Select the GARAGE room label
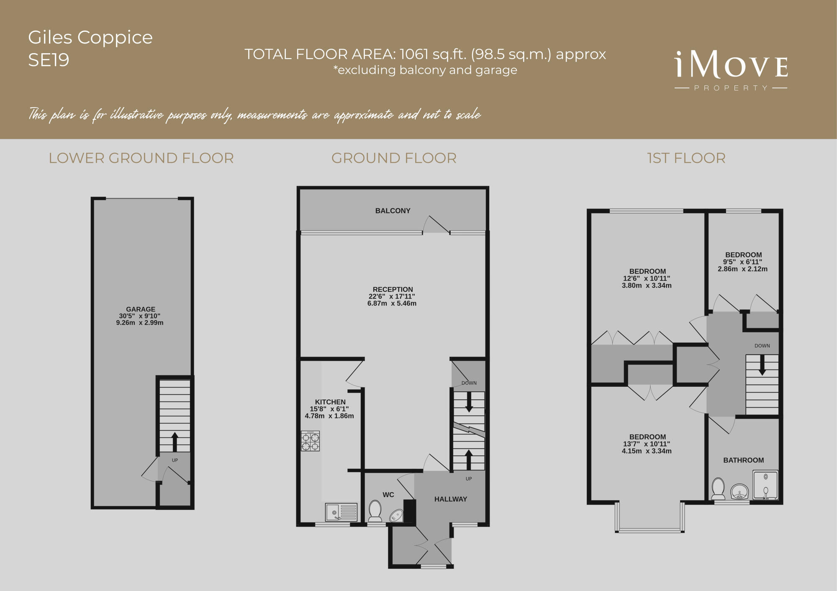point(140,309)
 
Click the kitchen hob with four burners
point(310,441)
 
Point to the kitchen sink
point(341,512)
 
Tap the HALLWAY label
point(450,499)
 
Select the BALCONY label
point(393,211)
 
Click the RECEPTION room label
point(393,289)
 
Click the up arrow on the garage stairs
point(175,441)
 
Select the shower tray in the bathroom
point(765,485)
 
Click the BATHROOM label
point(743,460)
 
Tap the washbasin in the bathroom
point(739,491)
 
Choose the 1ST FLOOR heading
point(686,158)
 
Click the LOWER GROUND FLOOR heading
point(141,158)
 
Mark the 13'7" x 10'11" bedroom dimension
point(647,444)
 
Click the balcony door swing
point(436,225)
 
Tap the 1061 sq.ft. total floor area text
point(425,54)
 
